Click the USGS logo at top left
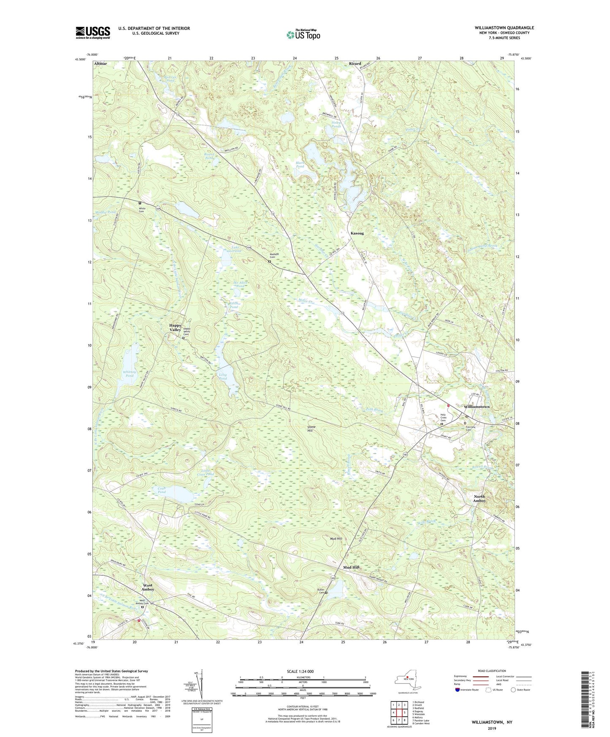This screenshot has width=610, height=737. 93,32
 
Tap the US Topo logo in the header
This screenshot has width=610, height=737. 303,35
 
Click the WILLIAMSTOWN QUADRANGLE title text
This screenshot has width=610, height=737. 504,28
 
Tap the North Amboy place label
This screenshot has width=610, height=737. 479,499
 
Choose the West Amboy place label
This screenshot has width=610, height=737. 148,587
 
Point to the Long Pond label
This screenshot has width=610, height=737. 223,377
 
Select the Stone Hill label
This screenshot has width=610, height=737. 312,429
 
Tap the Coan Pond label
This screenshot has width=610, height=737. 162,490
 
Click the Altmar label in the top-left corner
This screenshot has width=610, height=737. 101,63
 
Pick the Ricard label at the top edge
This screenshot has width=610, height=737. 355,63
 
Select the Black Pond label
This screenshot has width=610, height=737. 300,164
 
